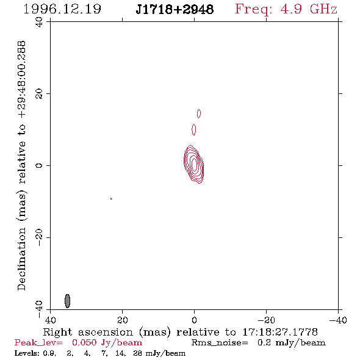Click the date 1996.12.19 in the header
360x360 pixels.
click(62, 9)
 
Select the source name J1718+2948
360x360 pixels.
click(175, 9)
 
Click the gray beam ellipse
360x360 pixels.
click(67, 301)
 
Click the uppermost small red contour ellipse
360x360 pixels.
click(199, 113)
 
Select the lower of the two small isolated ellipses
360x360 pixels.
click(194, 130)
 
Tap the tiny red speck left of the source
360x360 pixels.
click(111, 198)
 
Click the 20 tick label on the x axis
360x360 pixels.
click(123, 320)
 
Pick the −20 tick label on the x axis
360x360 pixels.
click(266, 320)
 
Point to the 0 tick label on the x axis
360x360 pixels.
click(194, 320)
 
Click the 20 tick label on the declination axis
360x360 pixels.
click(39, 94)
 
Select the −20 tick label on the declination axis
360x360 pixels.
click(39, 237)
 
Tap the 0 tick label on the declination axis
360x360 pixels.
click(39, 165)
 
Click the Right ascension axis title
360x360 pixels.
click(181, 332)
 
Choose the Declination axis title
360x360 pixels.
click(21, 166)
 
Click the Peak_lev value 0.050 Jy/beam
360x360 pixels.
click(107, 343)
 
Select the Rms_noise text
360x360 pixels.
click(220, 343)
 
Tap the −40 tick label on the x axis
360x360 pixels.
click(338, 320)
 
